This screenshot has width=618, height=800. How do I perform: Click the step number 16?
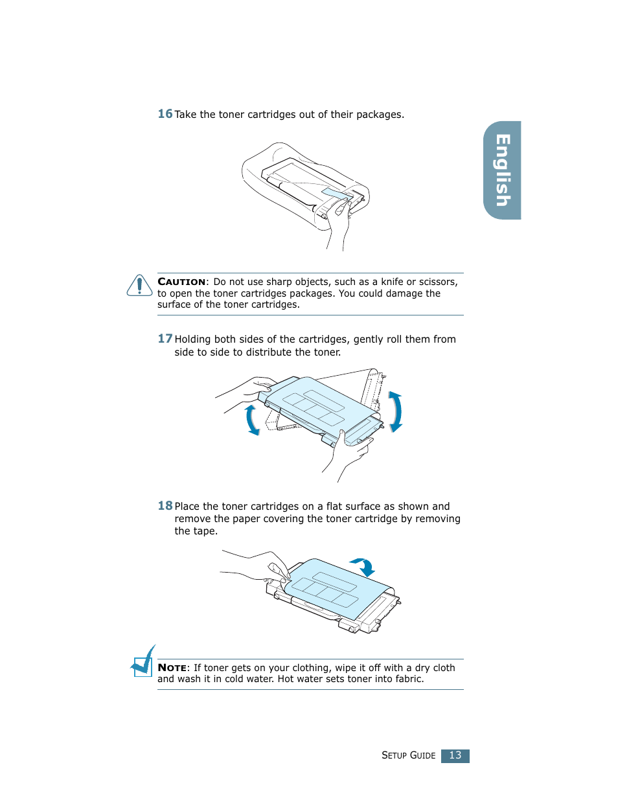[x=165, y=114]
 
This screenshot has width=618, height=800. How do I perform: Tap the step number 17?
[x=165, y=339]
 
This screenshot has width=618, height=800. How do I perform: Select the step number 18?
[x=165, y=506]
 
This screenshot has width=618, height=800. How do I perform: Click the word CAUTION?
[x=181, y=282]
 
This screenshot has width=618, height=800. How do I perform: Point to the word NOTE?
[x=172, y=668]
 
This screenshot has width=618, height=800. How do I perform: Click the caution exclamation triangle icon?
[x=139, y=286]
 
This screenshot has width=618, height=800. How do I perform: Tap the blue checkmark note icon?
[x=143, y=662]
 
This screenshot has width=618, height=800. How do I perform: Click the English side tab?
[x=503, y=170]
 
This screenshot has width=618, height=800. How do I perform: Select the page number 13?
[x=455, y=755]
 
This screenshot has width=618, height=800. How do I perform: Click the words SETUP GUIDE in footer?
[x=408, y=755]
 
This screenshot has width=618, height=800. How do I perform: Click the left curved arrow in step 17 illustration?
[x=252, y=420]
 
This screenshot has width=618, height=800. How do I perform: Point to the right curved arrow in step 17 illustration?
[x=395, y=411]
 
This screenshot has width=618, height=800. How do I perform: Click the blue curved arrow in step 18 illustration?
[x=363, y=566]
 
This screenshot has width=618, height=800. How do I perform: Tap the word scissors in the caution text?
[x=437, y=282]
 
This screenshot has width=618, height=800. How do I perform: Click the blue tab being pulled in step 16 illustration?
[x=337, y=194]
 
